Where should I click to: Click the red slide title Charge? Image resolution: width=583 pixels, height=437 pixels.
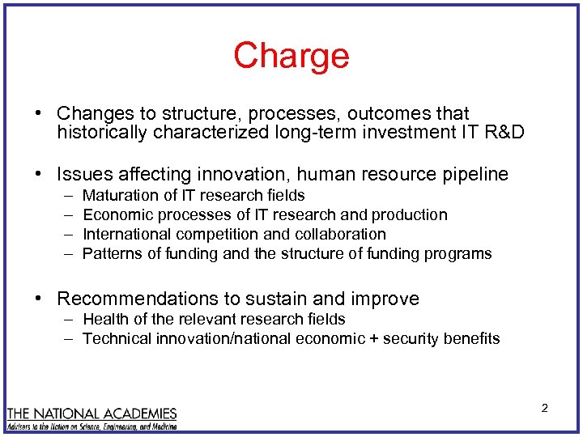pyautogui.click(x=291, y=56)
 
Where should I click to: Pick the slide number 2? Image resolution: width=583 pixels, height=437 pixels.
pyautogui.click(x=544, y=408)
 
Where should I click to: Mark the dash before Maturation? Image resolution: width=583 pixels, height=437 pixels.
pyautogui.click(x=66, y=195)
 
